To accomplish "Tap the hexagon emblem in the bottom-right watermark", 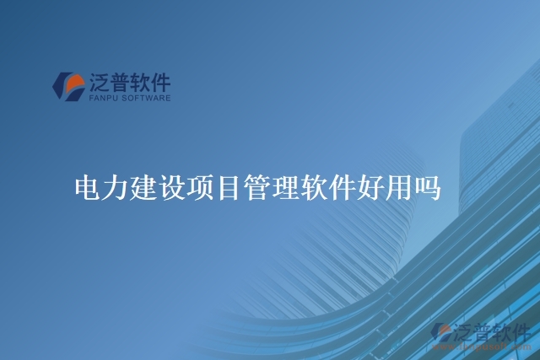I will pyautogui.click(x=440, y=333).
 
